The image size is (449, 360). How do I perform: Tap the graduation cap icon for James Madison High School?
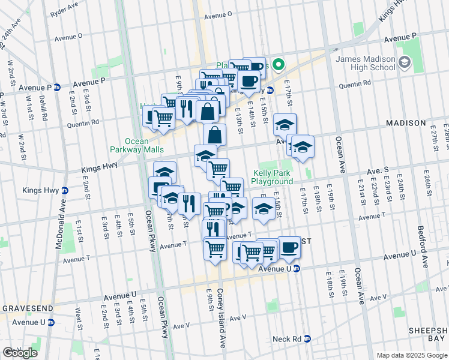[x=405, y=62]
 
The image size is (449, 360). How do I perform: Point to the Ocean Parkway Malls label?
[x=128, y=146]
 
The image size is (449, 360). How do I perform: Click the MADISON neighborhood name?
[x=405, y=123]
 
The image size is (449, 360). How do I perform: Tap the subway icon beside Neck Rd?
[x=307, y=339]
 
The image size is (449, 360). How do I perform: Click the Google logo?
[x=19, y=352]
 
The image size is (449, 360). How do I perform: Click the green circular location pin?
[x=278, y=65]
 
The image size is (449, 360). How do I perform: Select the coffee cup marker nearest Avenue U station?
[x=289, y=247]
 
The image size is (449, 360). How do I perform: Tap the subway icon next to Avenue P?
[x=57, y=87]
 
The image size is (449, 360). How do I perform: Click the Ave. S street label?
[x=378, y=171]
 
